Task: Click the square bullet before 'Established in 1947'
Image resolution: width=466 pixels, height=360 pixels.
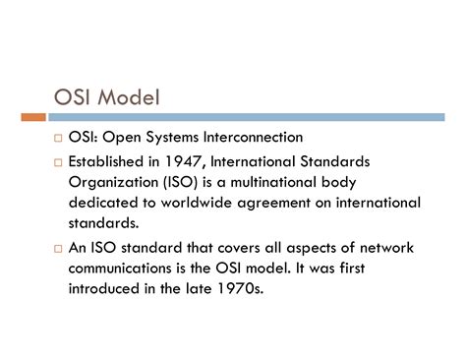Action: click(58, 161)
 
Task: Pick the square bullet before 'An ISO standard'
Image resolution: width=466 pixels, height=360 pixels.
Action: click(58, 250)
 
